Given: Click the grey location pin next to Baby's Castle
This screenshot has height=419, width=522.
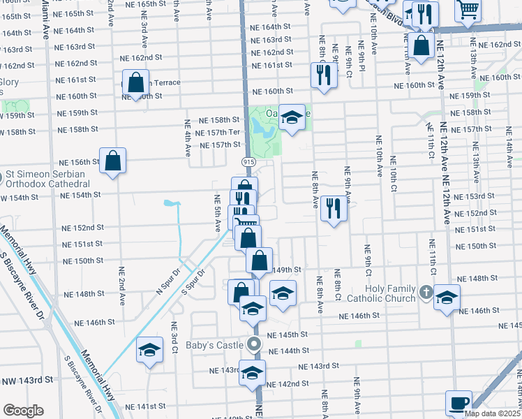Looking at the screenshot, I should coord(254,344).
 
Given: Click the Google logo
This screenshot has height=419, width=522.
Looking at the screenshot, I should coord(23,411).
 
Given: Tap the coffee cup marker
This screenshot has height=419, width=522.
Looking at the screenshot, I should coord(459,403).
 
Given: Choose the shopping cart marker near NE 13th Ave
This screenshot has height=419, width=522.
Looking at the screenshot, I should coord(468,10).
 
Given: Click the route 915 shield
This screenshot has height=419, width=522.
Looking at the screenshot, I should coord(248,161).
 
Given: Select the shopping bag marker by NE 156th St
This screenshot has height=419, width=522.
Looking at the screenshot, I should coord(112,161).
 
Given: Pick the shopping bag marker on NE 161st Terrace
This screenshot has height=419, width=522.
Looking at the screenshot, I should coord(135,84).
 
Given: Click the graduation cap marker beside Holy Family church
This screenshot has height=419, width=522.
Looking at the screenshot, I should coord(446,298).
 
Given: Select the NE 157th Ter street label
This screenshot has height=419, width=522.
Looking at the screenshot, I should coord(219,133).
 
